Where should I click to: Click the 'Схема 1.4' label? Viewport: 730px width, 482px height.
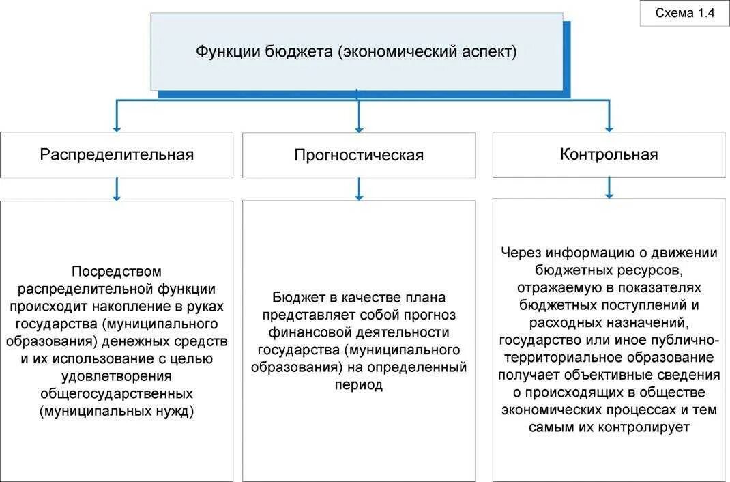(684, 13)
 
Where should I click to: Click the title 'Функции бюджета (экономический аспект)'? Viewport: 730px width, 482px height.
(357, 52)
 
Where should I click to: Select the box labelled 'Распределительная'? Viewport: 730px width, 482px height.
(117, 154)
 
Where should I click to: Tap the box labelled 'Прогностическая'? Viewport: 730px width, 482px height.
(359, 155)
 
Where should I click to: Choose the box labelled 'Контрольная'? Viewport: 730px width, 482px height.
(609, 154)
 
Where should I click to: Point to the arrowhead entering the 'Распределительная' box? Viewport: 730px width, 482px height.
(117, 128)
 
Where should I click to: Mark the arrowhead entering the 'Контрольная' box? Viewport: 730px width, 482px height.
(609, 128)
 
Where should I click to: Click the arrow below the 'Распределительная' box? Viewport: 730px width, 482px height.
(117, 189)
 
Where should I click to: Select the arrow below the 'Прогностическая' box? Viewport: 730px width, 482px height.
(359, 189)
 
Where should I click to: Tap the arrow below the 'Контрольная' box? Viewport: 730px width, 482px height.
(609, 188)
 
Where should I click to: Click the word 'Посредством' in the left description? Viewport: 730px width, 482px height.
(117, 271)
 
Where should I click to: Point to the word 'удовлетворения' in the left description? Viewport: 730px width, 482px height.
(117, 376)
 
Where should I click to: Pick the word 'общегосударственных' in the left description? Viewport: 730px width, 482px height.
(117, 394)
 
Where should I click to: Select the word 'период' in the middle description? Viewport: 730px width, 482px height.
(359, 385)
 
